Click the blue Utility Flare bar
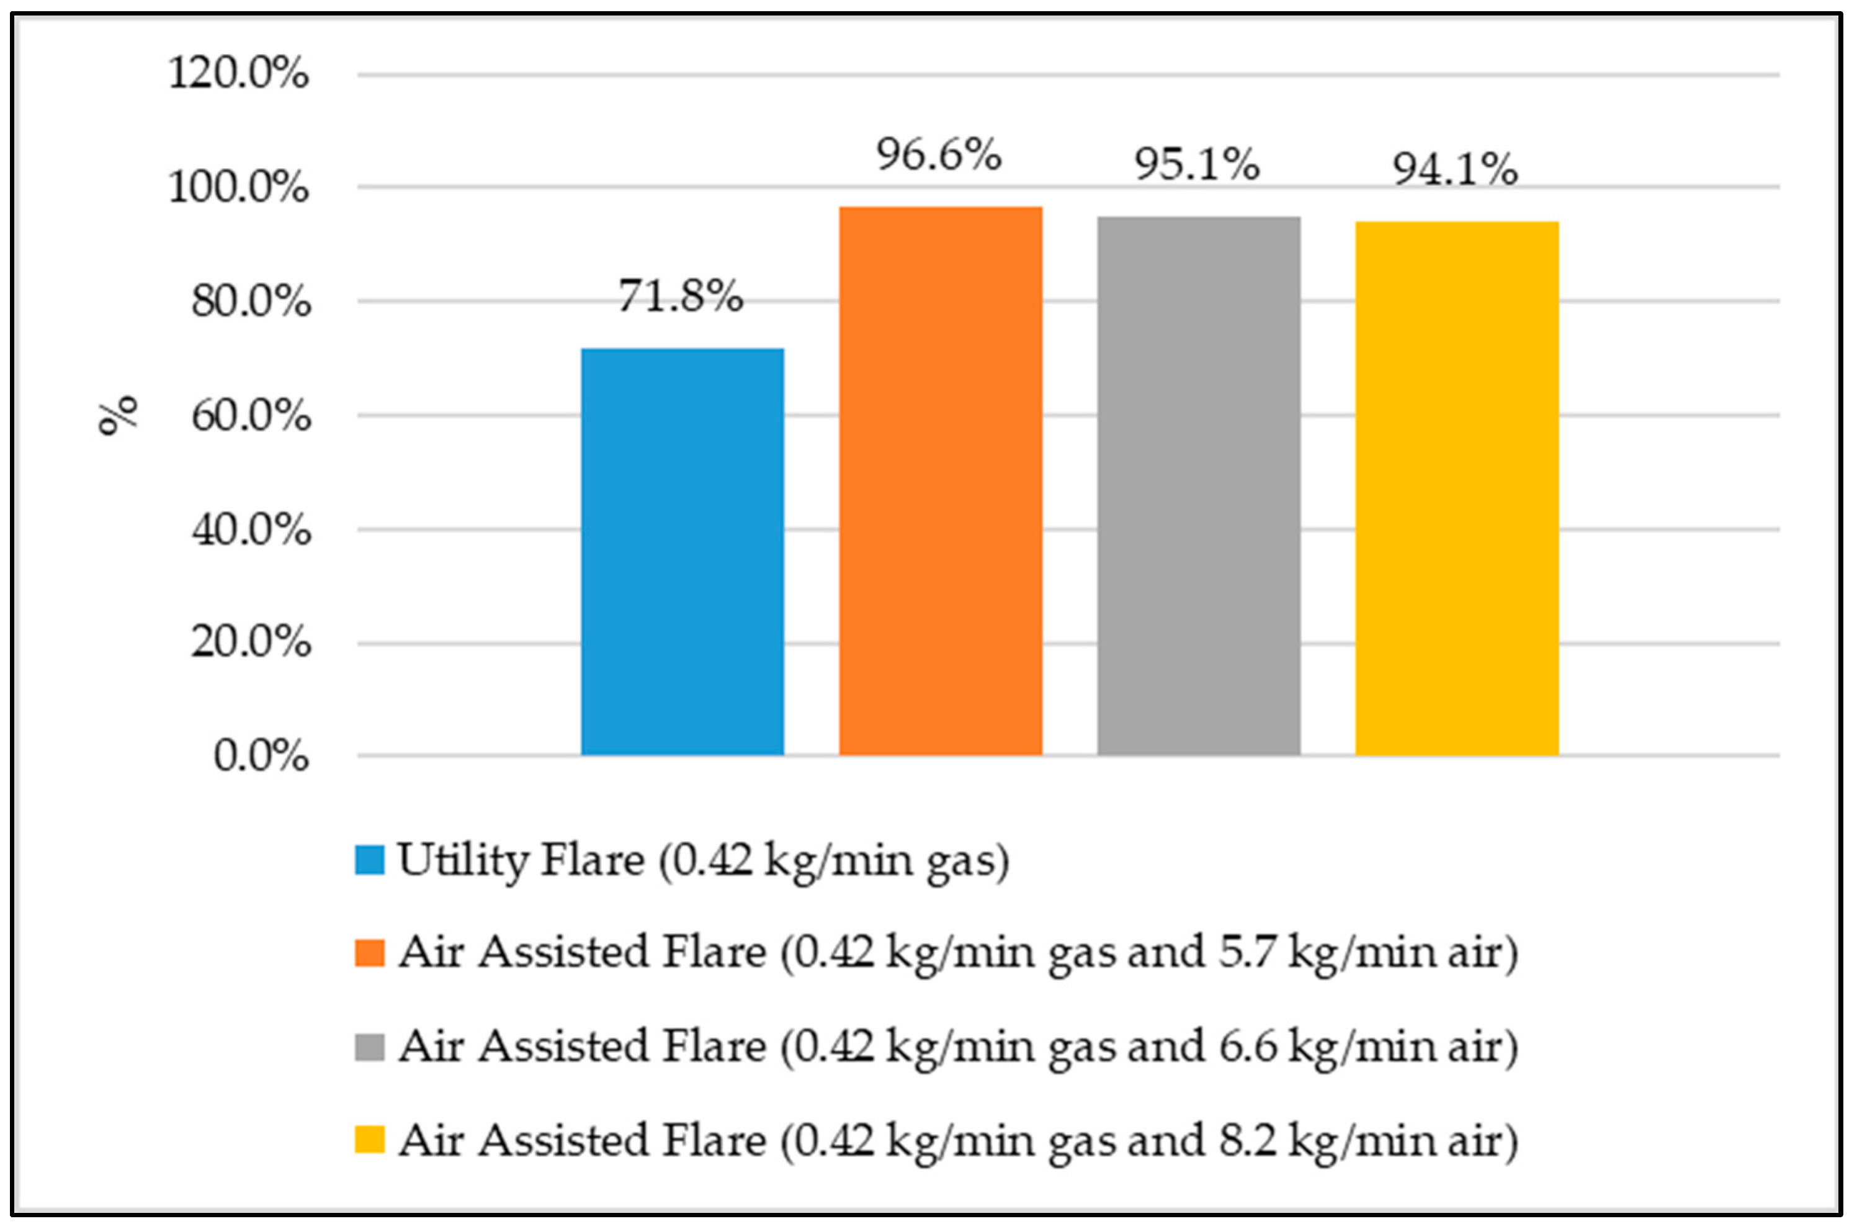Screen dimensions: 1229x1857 pyautogui.click(x=682, y=552)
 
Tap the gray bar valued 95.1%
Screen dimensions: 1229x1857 pyautogui.click(x=1198, y=486)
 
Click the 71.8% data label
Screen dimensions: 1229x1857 pyautogui.click(x=680, y=296)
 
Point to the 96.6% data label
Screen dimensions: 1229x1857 pyautogui.click(x=939, y=154)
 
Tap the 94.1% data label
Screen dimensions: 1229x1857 pyautogui.click(x=1455, y=168)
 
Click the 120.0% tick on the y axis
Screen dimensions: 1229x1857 pyautogui.click(x=238, y=74)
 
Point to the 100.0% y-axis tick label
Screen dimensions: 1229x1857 pyautogui.click(x=238, y=187)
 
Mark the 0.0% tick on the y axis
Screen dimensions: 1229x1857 pyautogui.click(x=261, y=757)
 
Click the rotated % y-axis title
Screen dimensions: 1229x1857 pyautogui.click(x=117, y=415)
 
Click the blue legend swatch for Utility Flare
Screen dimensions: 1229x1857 pyautogui.click(x=369, y=860)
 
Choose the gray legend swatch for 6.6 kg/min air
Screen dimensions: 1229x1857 pyautogui.click(x=369, y=1047)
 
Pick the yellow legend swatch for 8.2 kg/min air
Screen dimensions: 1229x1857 pyautogui.click(x=369, y=1140)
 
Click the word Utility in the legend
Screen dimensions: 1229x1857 pyautogui.click(x=463, y=860)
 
